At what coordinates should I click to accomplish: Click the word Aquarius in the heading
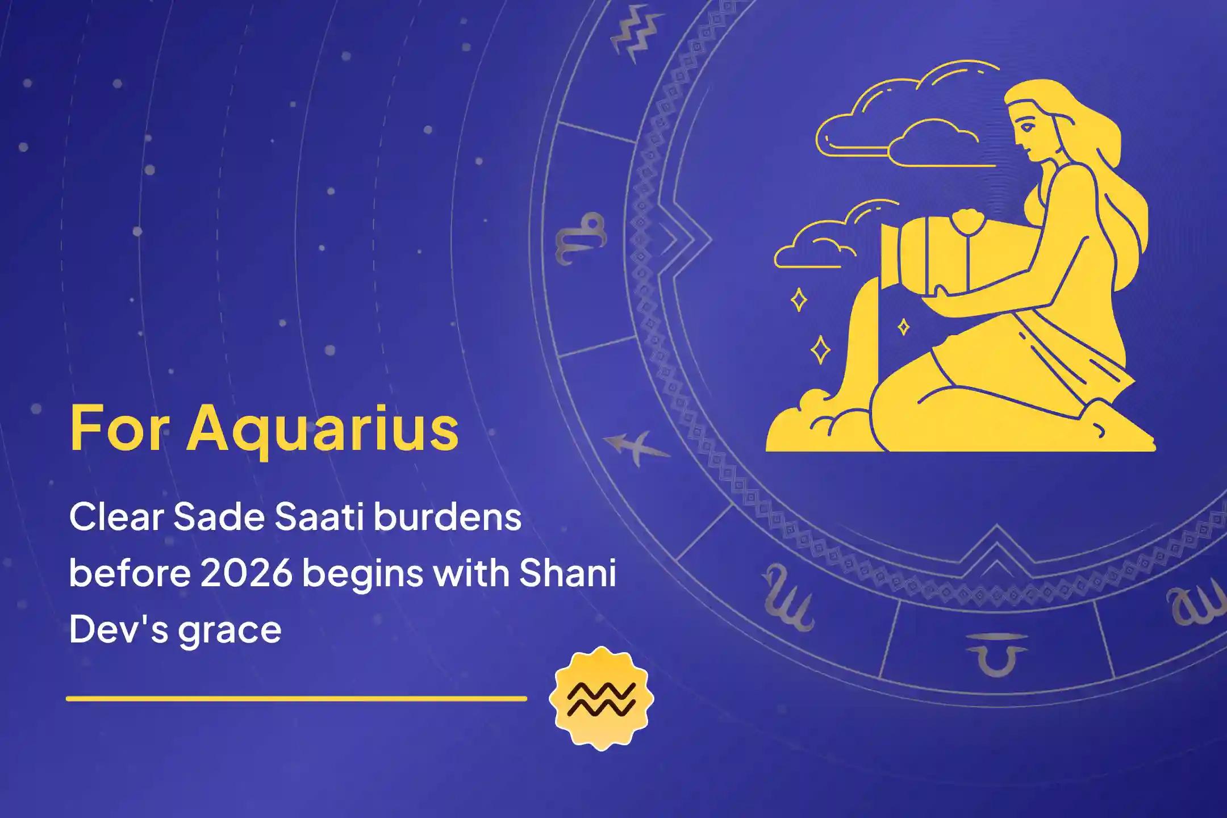click(x=323, y=429)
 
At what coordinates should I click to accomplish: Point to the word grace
click(x=229, y=630)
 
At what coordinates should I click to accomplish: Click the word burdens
click(x=448, y=518)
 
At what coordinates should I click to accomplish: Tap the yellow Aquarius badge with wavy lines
click(x=602, y=698)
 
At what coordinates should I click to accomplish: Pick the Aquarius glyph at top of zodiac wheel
click(x=636, y=34)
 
